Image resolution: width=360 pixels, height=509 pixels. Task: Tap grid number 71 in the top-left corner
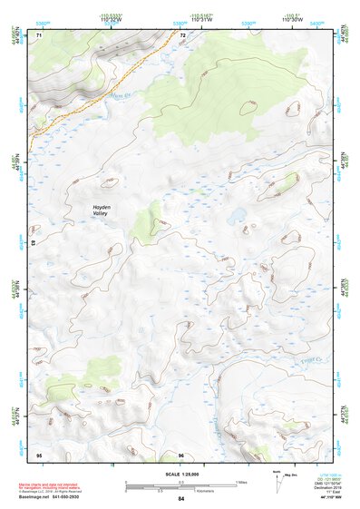point(39,35)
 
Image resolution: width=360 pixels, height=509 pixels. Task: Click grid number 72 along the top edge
point(182,35)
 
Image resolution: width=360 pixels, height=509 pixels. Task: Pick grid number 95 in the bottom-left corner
point(39,454)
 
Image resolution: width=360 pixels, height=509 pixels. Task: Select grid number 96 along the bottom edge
point(181,454)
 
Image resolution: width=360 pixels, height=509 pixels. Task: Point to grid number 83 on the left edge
point(34,244)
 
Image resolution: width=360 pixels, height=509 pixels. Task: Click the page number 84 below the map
point(181,498)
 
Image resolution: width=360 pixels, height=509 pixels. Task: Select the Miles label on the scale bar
point(241,481)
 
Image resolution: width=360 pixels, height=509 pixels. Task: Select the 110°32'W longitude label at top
point(112,19)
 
